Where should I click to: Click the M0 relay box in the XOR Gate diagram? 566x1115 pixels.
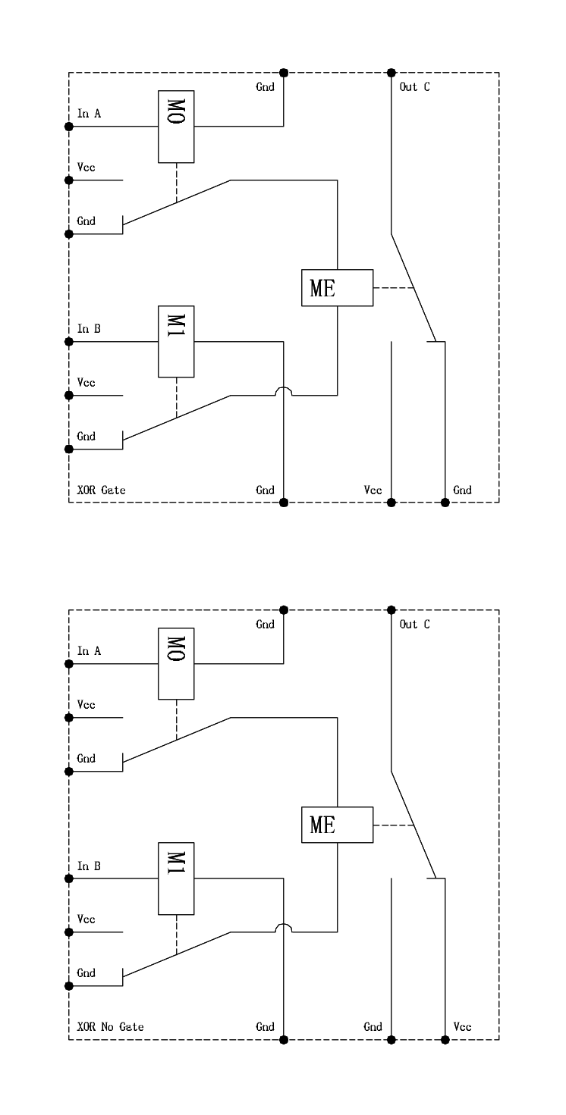[x=176, y=127]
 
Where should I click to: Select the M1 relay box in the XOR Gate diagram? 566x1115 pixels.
[x=176, y=341]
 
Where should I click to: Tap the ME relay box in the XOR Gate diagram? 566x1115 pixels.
[x=337, y=288]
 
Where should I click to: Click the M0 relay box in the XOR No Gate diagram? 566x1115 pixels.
[x=176, y=663]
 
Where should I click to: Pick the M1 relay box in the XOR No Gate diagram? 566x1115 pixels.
[x=176, y=878]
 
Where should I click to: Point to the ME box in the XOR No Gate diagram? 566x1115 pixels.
[x=337, y=825]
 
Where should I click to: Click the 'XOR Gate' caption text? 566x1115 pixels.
[x=102, y=490]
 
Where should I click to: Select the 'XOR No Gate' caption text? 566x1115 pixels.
[x=110, y=1027]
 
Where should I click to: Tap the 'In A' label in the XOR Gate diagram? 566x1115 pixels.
[x=89, y=114]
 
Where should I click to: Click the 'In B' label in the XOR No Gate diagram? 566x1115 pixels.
[x=89, y=866]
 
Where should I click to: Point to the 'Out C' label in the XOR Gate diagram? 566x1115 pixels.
[x=414, y=86]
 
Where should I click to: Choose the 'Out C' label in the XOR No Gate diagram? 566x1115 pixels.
[x=414, y=624]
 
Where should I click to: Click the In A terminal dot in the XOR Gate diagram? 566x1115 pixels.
[x=69, y=127]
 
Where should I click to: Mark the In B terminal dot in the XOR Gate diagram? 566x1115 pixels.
[x=69, y=341]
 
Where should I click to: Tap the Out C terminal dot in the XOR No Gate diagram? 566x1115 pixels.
[x=391, y=609]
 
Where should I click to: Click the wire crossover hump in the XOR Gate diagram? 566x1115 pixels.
[x=283, y=391]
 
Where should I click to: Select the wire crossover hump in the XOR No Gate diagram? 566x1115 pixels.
[x=283, y=928]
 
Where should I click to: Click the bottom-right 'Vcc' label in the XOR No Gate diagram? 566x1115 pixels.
[x=462, y=1027]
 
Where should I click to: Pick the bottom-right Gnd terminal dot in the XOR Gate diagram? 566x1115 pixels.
[x=445, y=502]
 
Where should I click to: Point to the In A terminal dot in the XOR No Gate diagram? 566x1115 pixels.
[x=69, y=663]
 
